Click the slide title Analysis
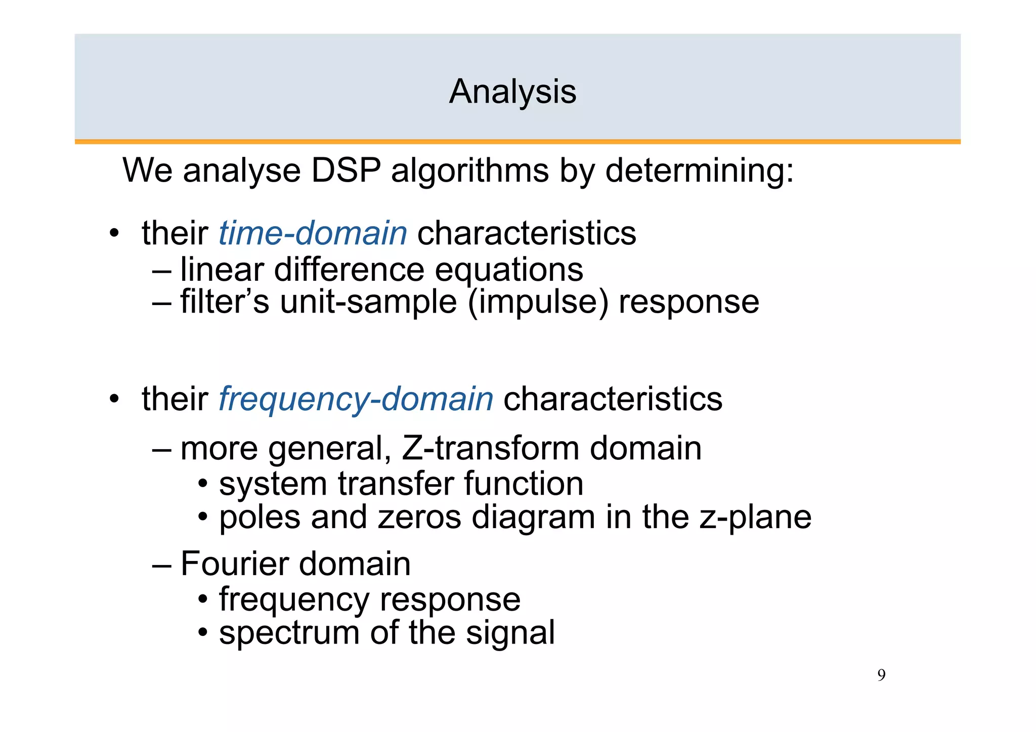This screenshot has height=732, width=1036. (512, 92)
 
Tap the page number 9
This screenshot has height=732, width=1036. (881, 675)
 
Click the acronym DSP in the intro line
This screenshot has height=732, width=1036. (346, 170)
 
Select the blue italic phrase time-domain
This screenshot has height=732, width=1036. (313, 233)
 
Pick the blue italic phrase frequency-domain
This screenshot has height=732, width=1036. (356, 399)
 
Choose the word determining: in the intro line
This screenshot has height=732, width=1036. (700, 170)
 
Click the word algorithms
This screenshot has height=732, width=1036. (470, 170)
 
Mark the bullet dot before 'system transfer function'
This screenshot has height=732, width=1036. (203, 484)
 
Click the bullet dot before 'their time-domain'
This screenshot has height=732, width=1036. (114, 234)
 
